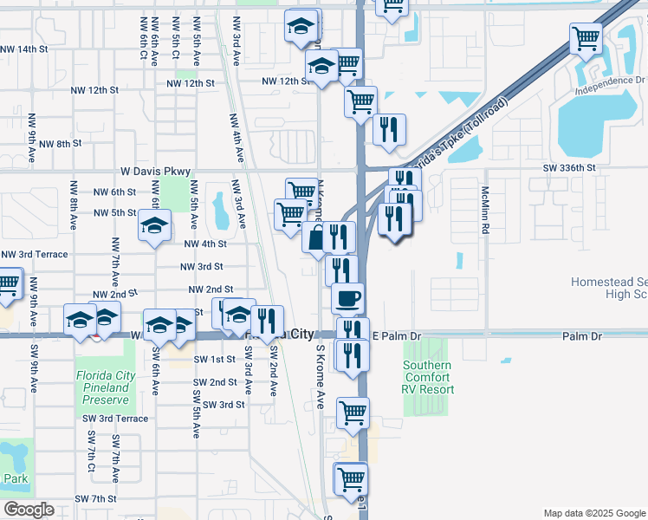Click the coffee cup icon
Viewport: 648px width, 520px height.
(x=348, y=299)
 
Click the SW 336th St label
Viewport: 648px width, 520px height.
(x=570, y=167)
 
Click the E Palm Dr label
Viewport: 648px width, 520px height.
(x=396, y=335)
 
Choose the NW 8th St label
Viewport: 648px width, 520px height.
(x=60, y=143)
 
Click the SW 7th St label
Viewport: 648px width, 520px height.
(x=95, y=498)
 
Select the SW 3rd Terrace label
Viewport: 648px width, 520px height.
(x=116, y=418)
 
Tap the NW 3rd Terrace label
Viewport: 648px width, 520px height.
(x=34, y=254)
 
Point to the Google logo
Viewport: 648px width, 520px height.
(x=29, y=510)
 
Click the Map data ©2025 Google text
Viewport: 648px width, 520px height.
(x=593, y=513)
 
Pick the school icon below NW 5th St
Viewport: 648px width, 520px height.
(x=154, y=227)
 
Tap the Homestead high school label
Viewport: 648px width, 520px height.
(x=609, y=288)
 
